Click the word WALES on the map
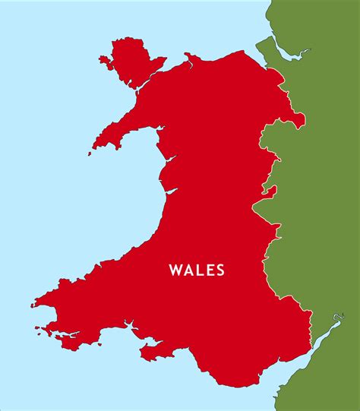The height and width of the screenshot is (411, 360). (x=196, y=269)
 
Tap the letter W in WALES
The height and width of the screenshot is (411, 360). (x=175, y=269)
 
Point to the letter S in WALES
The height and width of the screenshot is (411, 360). (x=219, y=269)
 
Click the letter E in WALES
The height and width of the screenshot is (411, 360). (x=208, y=269)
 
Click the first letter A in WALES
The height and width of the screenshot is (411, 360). (x=187, y=269)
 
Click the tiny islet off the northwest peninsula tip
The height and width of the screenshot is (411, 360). (x=88, y=154)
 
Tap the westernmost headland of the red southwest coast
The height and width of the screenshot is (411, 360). (x=33, y=305)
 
